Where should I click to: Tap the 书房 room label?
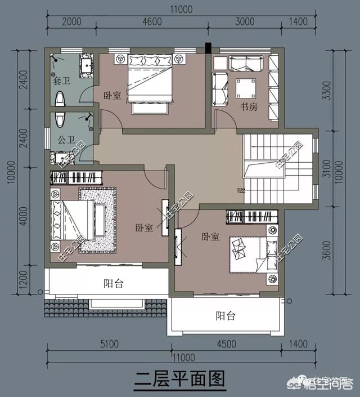(x=249, y=106)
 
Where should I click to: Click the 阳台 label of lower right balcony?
(x=225, y=316)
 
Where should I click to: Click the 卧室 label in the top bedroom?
(x=112, y=95)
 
